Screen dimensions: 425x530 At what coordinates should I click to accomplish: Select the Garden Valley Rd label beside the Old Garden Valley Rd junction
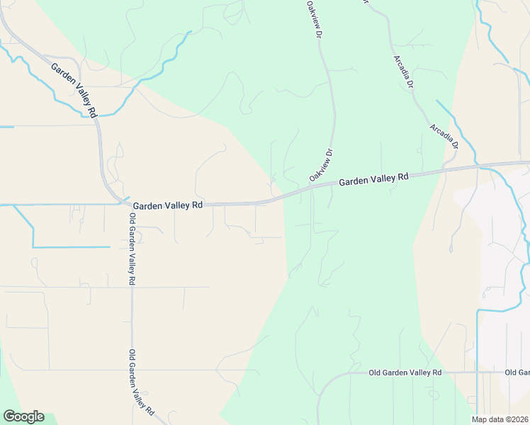pos(168,205)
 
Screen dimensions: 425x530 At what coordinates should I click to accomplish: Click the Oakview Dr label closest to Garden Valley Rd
pos(321,164)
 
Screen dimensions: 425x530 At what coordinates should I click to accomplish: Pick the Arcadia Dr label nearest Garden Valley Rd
pos(444,136)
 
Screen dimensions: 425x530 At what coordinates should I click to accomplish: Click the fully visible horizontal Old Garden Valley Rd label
pos(405,373)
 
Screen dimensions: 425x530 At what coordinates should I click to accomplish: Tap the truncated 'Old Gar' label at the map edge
pos(517,373)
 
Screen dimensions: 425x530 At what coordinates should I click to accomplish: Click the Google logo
pos(23,416)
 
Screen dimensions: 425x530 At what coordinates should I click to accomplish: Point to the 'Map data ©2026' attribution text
pos(500,419)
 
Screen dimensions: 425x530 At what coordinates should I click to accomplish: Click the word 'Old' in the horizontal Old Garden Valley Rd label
pos(376,373)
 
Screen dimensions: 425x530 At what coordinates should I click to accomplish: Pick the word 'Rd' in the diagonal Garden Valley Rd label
pos(92,109)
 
